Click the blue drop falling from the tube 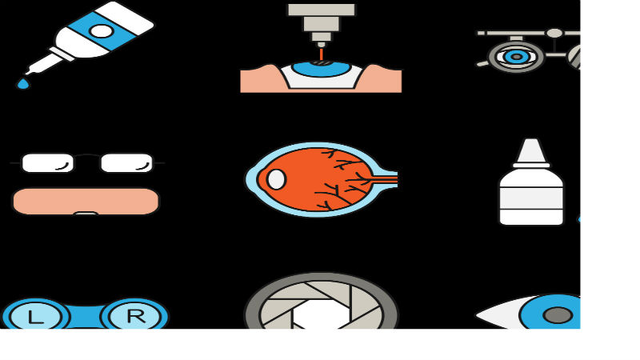(23, 84)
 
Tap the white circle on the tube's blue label (102, 31)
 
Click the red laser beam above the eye (322, 54)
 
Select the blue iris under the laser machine (322, 69)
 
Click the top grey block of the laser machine (322, 10)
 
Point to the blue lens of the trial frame (516, 57)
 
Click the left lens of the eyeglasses (48, 163)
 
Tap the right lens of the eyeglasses (126, 163)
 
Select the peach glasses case (86, 202)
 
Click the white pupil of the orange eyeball (276, 179)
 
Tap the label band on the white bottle (531, 198)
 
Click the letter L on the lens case (35, 318)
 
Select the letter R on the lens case (136, 316)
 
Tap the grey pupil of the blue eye (558, 315)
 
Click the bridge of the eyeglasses (87, 156)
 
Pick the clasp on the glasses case (86, 213)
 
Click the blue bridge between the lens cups (86, 316)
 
